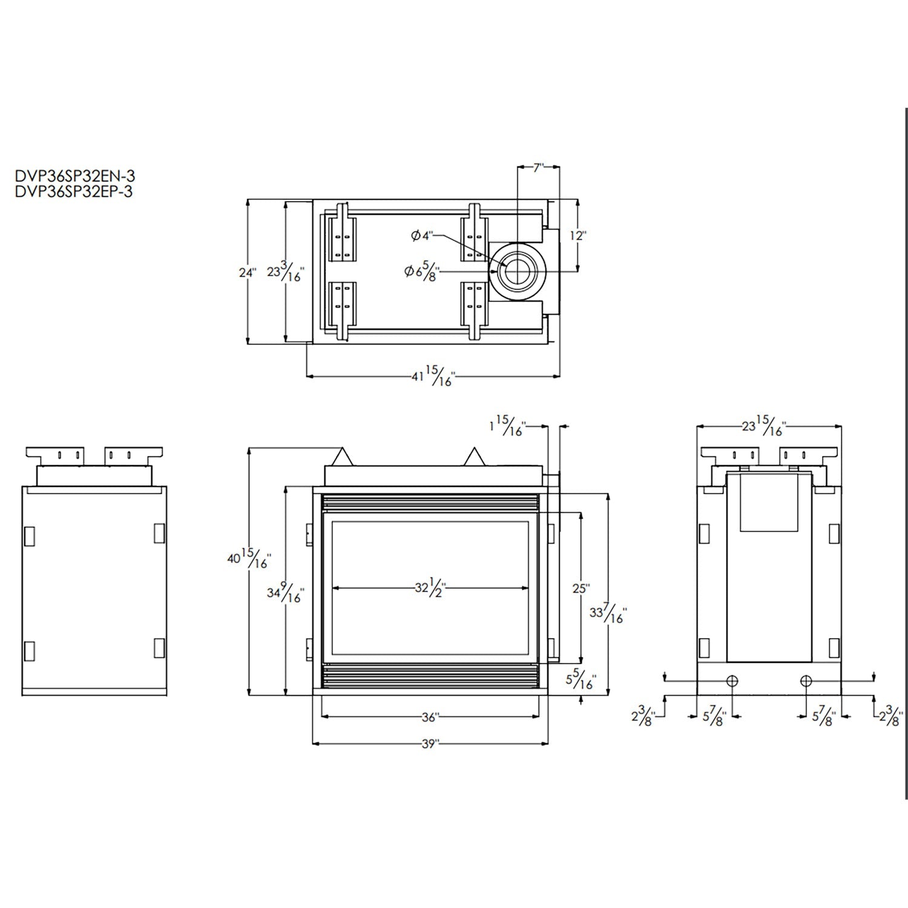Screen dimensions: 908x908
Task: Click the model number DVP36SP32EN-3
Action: point(74,177)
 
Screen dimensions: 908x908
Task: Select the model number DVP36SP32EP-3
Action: point(73,191)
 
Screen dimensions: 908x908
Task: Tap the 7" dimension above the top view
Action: point(538,168)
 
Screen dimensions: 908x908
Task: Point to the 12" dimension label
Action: point(578,235)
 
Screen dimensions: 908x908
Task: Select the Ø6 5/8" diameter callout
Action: point(422,273)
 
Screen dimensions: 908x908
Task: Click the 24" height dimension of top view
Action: point(247,273)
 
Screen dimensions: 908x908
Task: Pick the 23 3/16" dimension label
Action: point(285,273)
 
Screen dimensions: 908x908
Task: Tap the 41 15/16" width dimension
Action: point(432,377)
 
